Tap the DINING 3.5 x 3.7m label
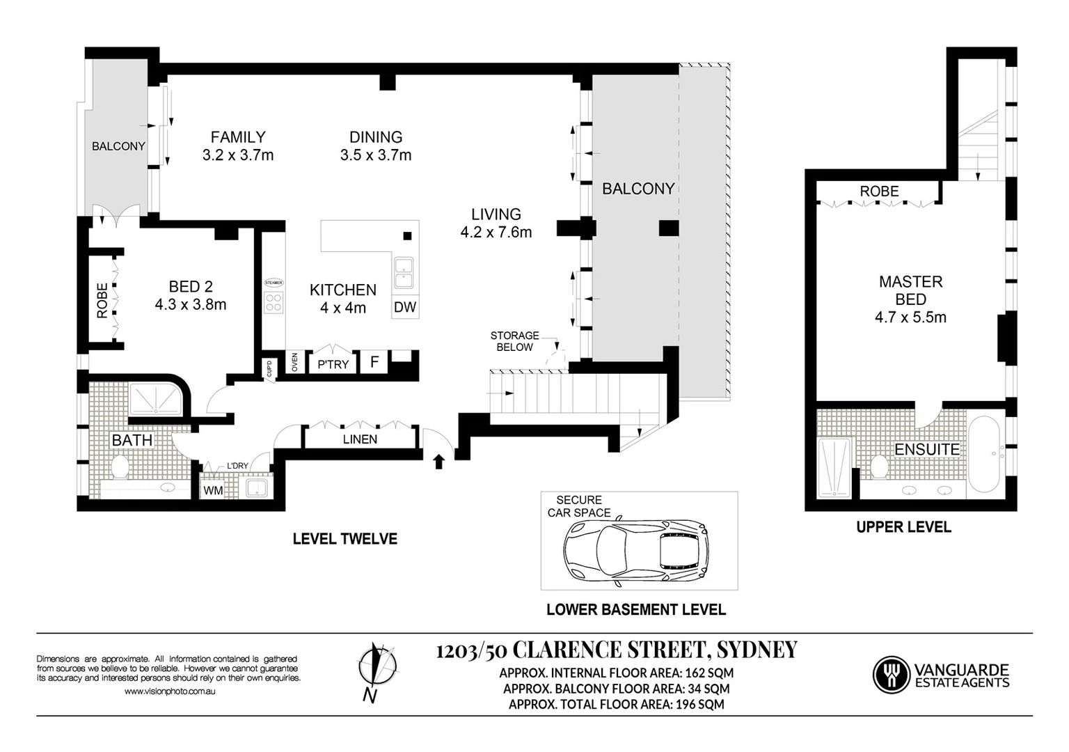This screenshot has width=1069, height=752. [x=376, y=146]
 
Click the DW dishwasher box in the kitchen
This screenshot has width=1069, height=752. [x=405, y=307]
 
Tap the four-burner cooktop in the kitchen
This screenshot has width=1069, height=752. [x=274, y=301]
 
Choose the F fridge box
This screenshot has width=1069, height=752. [x=374, y=363]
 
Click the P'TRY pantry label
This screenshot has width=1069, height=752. [x=333, y=364]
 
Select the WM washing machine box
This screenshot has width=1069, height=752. [x=213, y=490]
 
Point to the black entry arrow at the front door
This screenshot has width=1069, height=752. [x=438, y=461]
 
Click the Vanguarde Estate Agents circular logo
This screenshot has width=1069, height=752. [x=891, y=674]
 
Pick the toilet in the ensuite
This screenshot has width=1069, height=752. [x=878, y=467]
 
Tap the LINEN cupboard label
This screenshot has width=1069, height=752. [x=360, y=439]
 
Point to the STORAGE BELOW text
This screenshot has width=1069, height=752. [x=514, y=341]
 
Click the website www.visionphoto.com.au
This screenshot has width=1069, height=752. [x=169, y=691]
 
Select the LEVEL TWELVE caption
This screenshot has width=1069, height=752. [x=345, y=539]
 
